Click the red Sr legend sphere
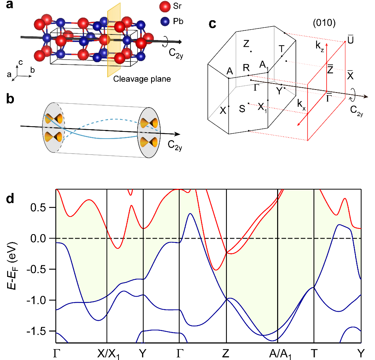(x=165, y=6)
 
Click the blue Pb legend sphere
(x=165, y=21)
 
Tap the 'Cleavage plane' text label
(x=142, y=79)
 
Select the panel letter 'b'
(x=10, y=99)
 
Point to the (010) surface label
(x=324, y=23)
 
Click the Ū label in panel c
(x=350, y=40)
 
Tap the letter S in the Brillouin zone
(x=242, y=109)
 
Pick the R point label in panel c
(x=246, y=68)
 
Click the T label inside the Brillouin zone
(x=282, y=49)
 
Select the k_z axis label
(x=320, y=45)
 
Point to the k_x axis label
(x=301, y=104)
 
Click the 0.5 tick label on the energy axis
(x=38, y=208)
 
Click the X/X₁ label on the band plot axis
(x=108, y=354)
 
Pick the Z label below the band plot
(x=225, y=353)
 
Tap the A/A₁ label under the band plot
(x=280, y=354)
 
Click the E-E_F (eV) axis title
(x=12, y=266)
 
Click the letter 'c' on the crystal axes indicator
(x=21, y=62)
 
